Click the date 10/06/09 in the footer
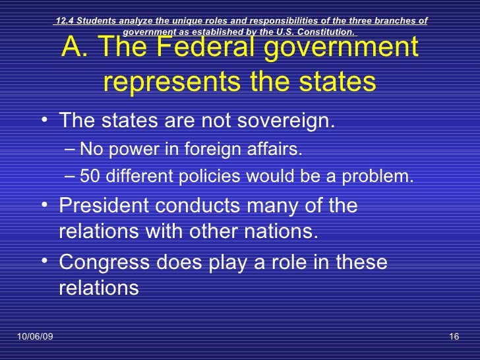point(35,338)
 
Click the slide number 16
point(453,338)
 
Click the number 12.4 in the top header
point(65,21)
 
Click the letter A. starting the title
point(73,49)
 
